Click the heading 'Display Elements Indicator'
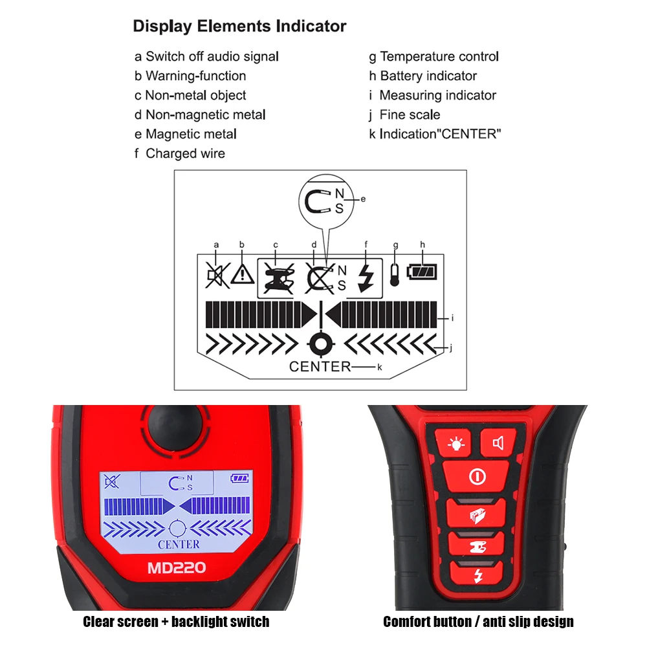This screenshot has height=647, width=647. [x=239, y=27]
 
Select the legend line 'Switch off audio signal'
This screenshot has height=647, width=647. [x=206, y=57]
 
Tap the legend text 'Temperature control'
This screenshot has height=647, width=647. [x=434, y=57]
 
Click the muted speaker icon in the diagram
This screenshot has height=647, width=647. [x=215, y=274]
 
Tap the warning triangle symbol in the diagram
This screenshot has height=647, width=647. [x=242, y=274]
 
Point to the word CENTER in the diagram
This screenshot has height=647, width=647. [x=320, y=367]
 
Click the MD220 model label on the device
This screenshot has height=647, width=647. [x=177, y=568]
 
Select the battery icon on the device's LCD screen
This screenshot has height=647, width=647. [x=240, y=479]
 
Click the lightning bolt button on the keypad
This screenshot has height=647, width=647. [x=477, y=575]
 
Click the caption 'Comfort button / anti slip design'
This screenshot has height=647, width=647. [x=478, y=622]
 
